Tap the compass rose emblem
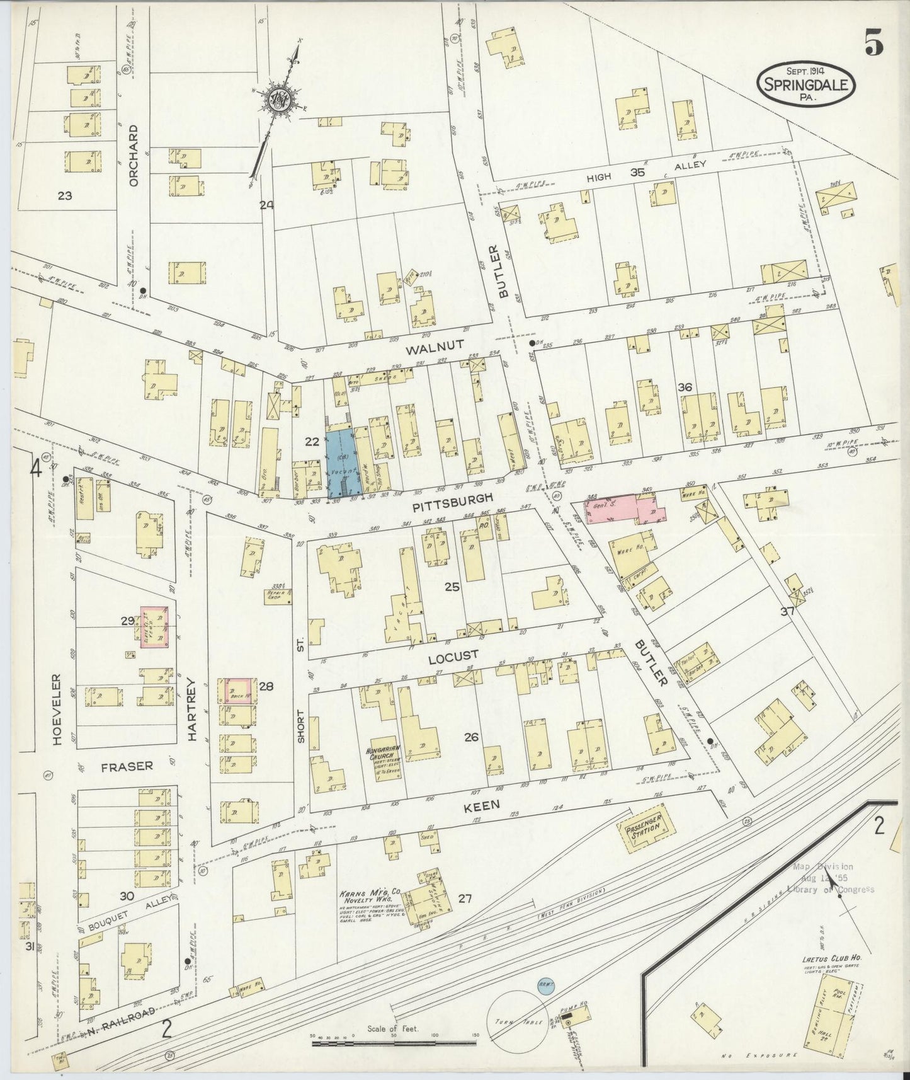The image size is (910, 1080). [278, 99]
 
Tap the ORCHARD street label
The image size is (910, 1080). [133, 155]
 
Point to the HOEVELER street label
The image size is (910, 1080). [55, 710]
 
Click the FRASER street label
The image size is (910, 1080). [127, 766]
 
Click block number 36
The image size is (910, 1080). [686, 388]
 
